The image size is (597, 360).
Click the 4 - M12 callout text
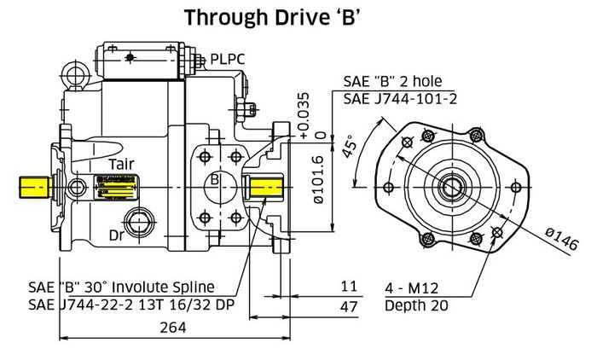[x=414, y=287]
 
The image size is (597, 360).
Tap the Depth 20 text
[x=418, y=305]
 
